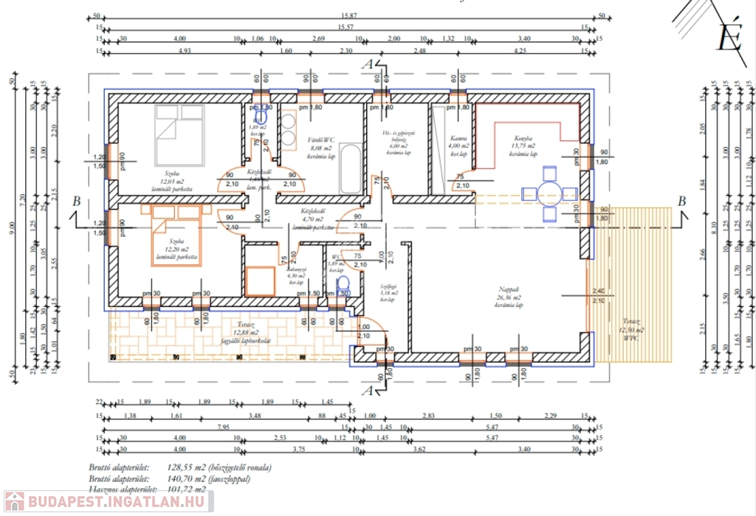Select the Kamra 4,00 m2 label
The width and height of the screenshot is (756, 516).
(458, 147)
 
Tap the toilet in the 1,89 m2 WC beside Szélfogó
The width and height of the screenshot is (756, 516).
(341, 286)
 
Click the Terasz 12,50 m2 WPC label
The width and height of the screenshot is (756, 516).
(633, 326)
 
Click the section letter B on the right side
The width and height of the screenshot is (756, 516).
(682, 201)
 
